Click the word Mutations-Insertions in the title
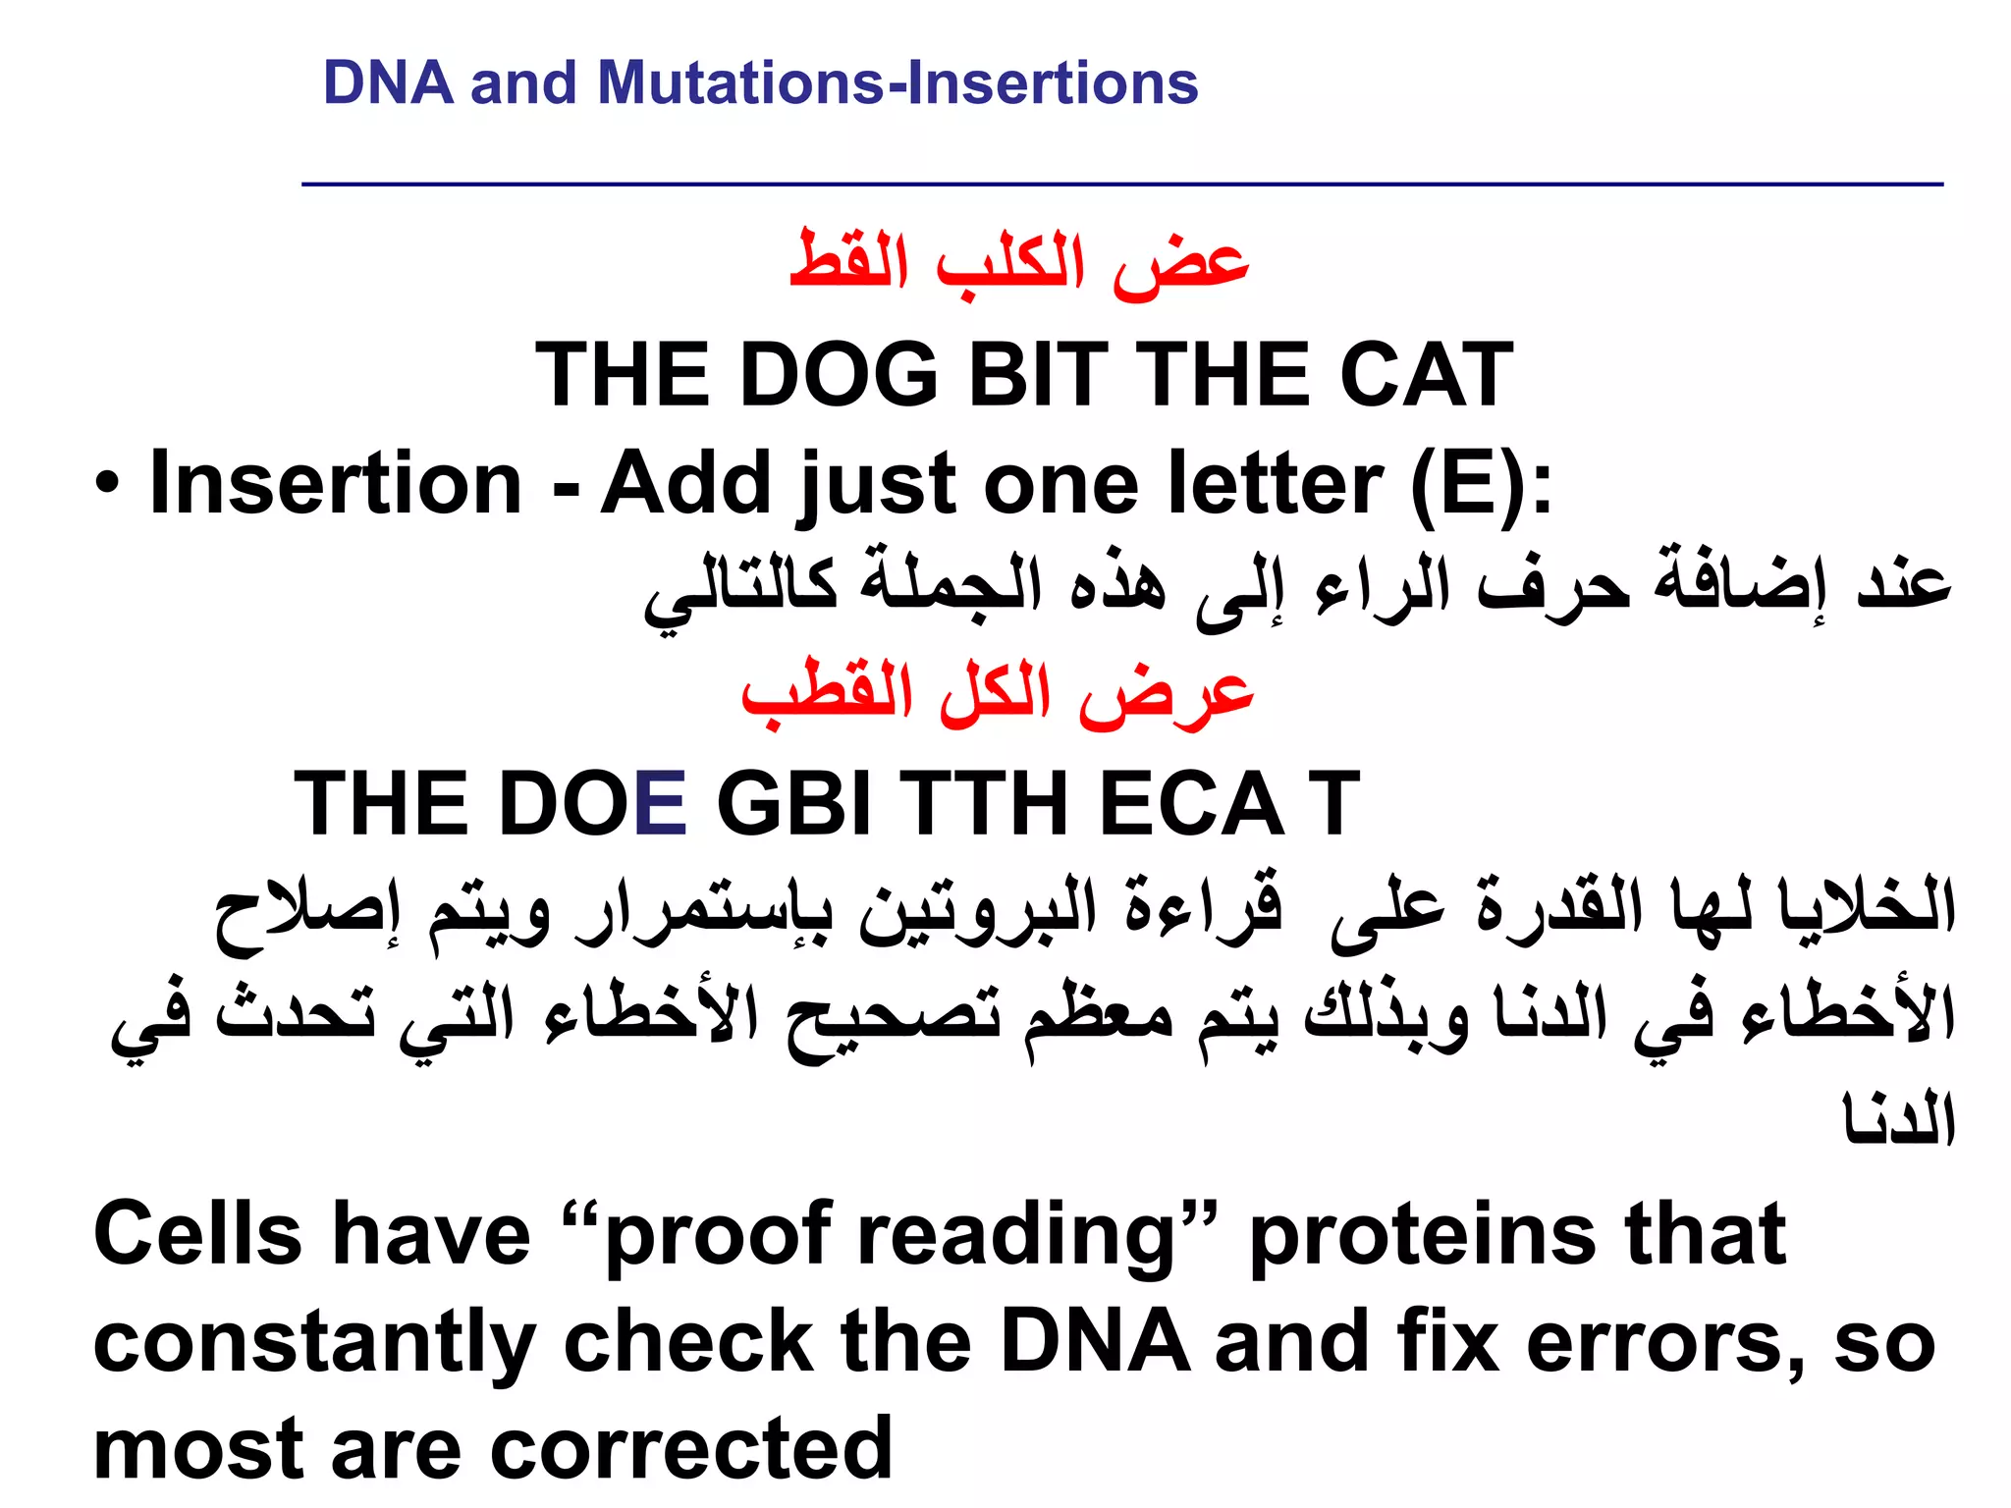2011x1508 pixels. pyautogui.click(x=897, y=82)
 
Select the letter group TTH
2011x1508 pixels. pyautogui.click(x=985, y=804)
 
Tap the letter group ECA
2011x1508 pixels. pyautogui.click(x=1192, y=804)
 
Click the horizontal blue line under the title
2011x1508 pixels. pyautogui.click(x=1121, y=184)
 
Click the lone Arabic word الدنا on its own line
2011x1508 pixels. pyautogui.click(x=1899, y=1119)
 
